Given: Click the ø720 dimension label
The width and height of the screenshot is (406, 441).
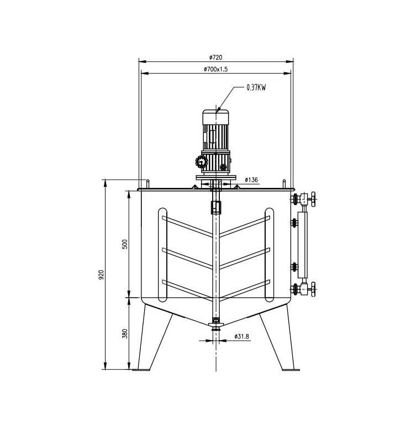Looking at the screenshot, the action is [215, 57].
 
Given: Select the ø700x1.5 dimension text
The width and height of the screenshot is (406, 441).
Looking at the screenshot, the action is [215, 69].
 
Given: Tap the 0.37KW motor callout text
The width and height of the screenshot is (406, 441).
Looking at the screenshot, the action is [256, 88].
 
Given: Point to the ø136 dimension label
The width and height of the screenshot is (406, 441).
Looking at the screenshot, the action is [251, 180].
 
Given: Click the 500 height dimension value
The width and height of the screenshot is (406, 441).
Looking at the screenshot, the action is [125, 244].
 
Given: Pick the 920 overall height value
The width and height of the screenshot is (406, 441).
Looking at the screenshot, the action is [102, 275].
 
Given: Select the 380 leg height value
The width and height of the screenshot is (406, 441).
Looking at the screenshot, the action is [125, 334].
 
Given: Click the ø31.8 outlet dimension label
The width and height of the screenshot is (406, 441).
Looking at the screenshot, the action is [242, 336].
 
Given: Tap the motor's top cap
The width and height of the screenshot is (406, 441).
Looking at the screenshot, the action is [216, 117].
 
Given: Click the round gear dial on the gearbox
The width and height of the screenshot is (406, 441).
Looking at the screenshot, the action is [202, 162].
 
